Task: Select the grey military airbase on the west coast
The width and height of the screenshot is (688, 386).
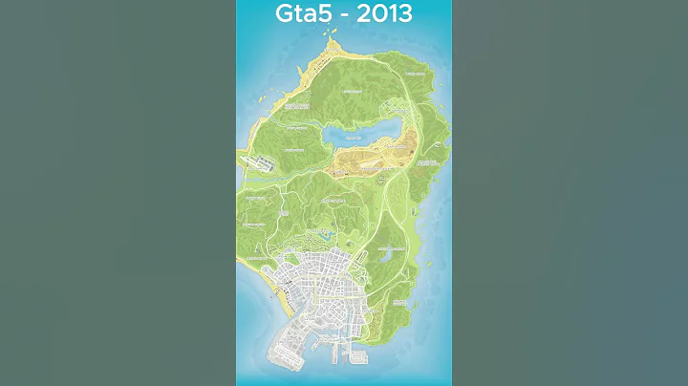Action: click(x=260, y=164)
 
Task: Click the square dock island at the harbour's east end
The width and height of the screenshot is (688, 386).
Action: click(x=358, y=356)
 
